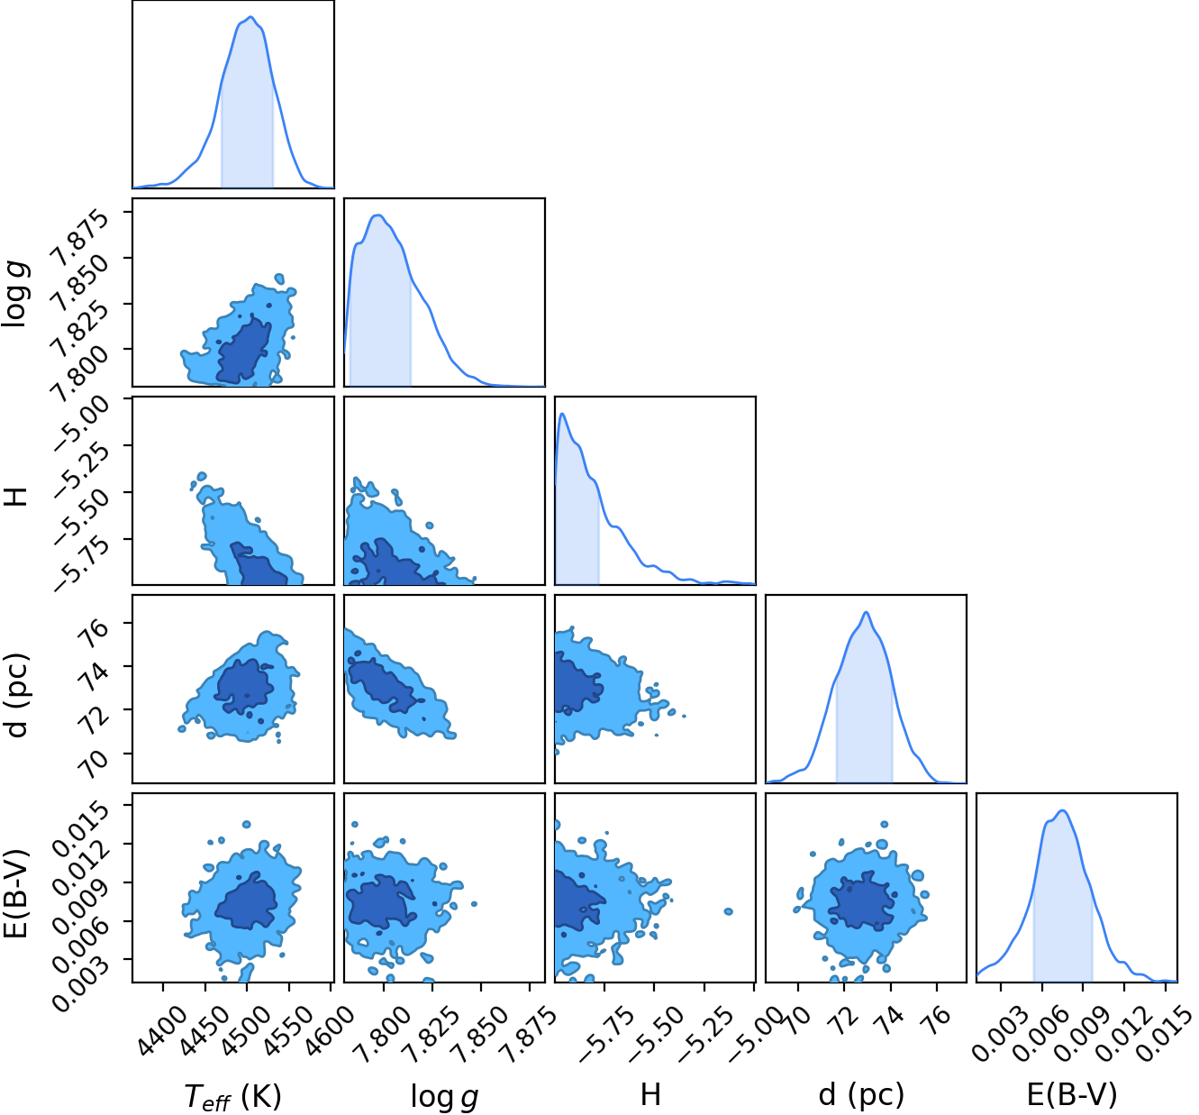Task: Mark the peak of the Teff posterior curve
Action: pyautogui.click(x=250, y=17)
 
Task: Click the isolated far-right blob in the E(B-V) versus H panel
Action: pyautogui.click(x=728, y=911)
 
